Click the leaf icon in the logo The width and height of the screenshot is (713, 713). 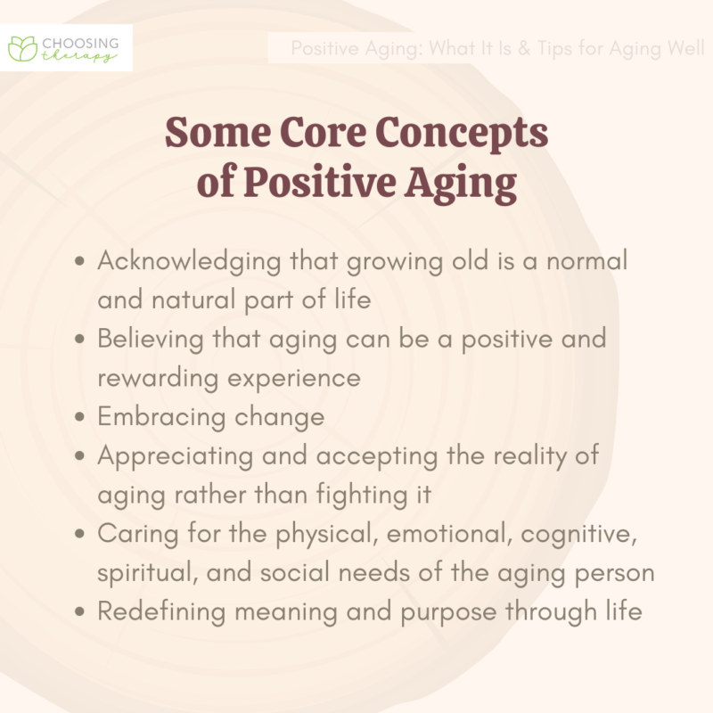pos(21,47)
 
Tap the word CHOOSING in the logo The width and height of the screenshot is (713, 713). pos(78,41)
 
